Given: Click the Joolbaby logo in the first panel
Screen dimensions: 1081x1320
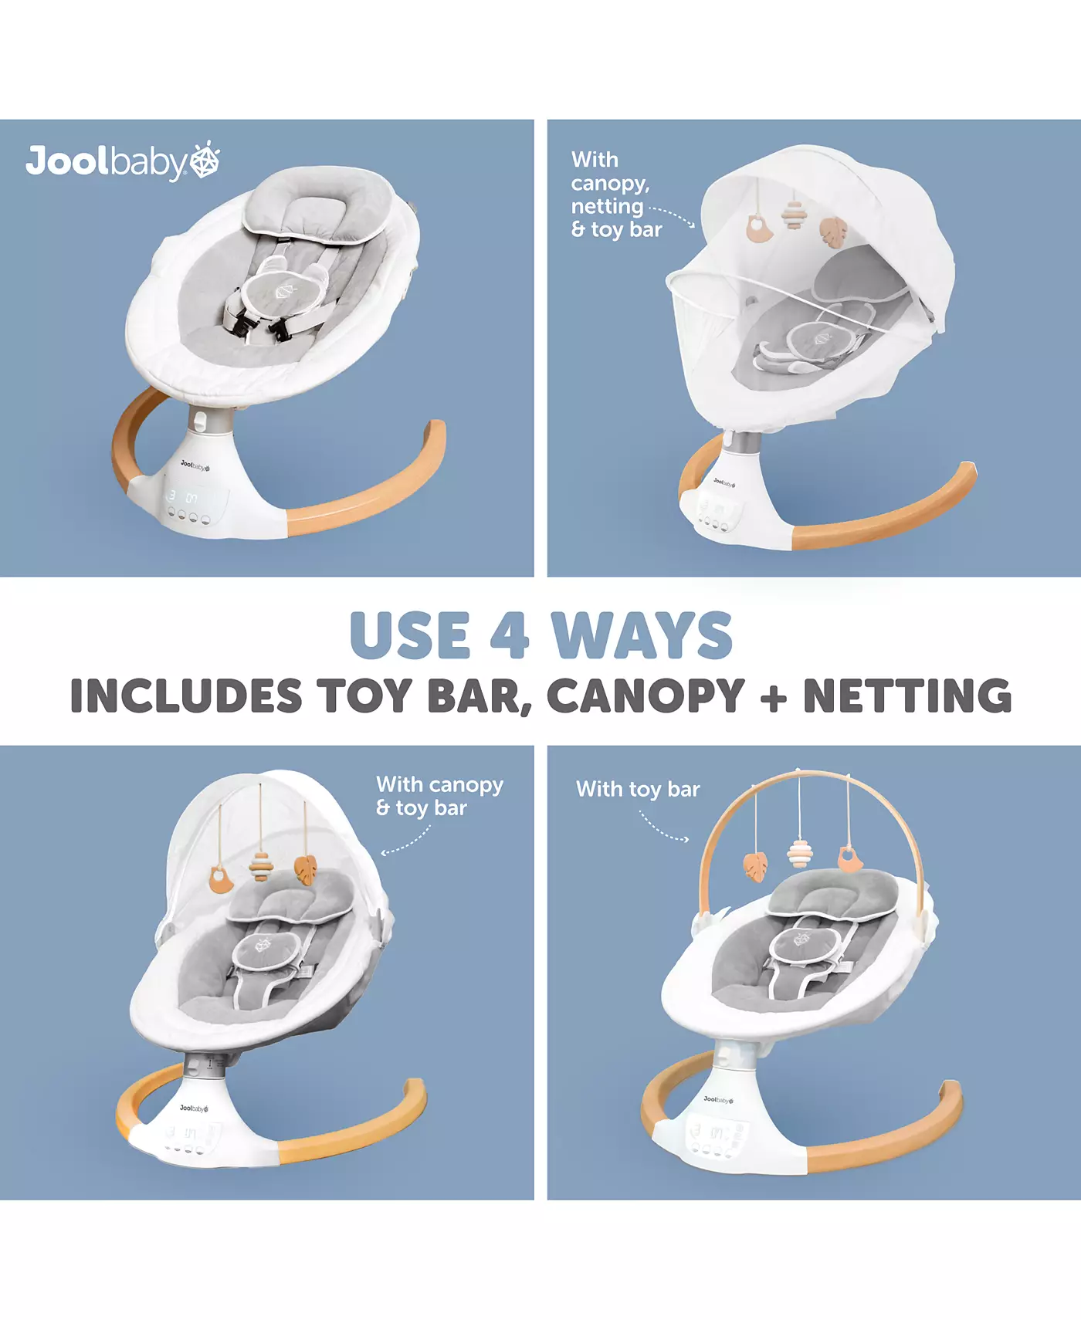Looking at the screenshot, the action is click(123, 161).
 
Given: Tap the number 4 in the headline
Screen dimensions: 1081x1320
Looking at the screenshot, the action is click(510, 635).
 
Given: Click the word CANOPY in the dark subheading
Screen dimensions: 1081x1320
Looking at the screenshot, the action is click(646, 696).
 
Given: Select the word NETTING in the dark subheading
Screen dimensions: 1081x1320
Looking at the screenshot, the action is click(907, 696).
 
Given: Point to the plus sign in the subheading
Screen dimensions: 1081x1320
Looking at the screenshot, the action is click(774, 697).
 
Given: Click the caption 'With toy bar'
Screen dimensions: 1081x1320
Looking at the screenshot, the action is click(638, 789).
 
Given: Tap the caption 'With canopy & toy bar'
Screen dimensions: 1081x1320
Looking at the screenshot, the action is click(439, 796).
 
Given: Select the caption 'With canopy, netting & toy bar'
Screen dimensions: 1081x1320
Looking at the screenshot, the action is click(616, 195).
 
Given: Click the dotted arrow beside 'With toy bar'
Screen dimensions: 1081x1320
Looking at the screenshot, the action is click(662, 828).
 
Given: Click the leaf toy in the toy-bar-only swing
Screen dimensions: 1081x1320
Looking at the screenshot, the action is click(755, 866).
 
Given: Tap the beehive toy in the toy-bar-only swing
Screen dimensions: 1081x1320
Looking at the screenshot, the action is click(800, 854).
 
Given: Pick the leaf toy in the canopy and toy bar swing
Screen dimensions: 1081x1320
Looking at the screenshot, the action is click(306, 870).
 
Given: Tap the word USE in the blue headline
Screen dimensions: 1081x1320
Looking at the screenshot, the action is click(410, 635).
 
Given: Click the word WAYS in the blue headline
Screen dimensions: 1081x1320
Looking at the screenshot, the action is click(642, 635).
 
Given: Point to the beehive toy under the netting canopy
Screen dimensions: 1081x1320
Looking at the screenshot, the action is click(792, 214).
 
